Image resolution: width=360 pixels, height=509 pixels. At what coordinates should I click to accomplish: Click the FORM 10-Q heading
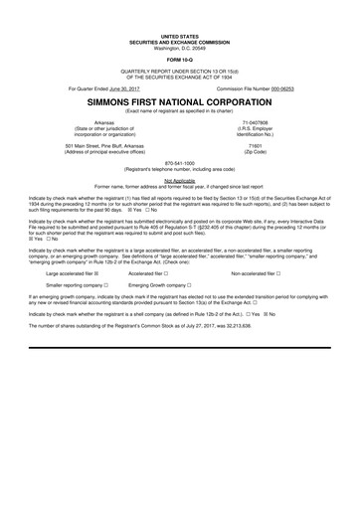pos(180,55)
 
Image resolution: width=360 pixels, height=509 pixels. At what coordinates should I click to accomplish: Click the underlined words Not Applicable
pos(180,178)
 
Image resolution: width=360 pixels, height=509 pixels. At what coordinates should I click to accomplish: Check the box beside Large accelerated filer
pos(110,245)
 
